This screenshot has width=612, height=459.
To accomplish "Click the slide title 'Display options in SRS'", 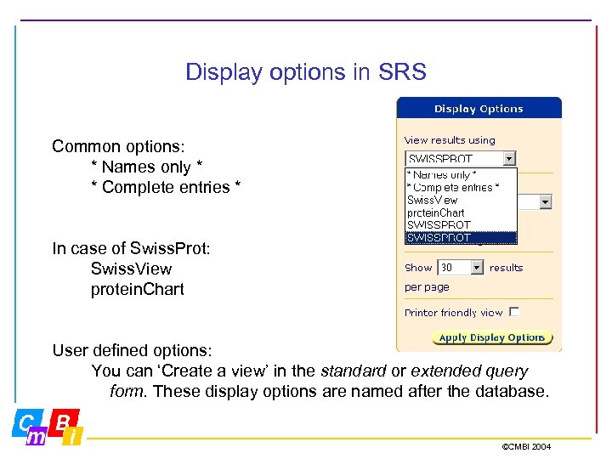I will pos(305,72).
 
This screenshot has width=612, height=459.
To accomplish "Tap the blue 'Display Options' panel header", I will pos(479,108).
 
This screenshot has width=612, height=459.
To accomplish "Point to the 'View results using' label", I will pos(450,140).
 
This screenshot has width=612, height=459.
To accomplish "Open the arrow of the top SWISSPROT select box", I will pos(509,159).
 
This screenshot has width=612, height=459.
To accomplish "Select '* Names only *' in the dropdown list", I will pos(442,174).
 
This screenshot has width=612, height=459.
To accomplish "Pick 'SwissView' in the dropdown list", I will pos(433,200).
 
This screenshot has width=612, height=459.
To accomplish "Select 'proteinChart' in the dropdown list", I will pos(436,212).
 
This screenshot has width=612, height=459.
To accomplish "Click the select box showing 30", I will pos(460,268).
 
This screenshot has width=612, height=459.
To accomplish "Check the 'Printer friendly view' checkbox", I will pos(514,313).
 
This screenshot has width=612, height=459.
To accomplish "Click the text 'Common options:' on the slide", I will pos(118,146).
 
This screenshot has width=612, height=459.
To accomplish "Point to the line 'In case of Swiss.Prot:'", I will pos(130,248).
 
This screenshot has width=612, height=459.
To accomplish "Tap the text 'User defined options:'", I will pos(132,350).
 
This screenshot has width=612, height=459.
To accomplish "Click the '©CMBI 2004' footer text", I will pos(526,446).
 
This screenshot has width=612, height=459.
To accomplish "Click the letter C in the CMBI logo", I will pos(26,422).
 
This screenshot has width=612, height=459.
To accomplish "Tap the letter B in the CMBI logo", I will pos(65,422).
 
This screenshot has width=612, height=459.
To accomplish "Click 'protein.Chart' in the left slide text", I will pos(138,289).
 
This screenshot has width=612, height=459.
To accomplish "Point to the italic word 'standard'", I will pos(353,371).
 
